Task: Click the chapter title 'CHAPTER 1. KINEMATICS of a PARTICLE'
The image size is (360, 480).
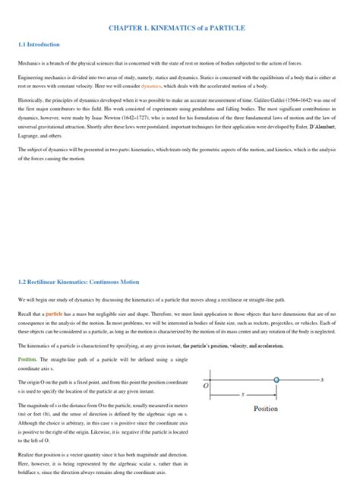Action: (180, 28)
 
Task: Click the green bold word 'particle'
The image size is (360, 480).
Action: (55, 313)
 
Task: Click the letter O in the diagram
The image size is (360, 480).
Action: (205, 385)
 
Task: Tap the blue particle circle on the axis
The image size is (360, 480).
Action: (276, 378)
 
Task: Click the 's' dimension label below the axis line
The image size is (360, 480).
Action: (242, 395)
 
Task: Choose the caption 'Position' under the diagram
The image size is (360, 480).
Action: (265, 409)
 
